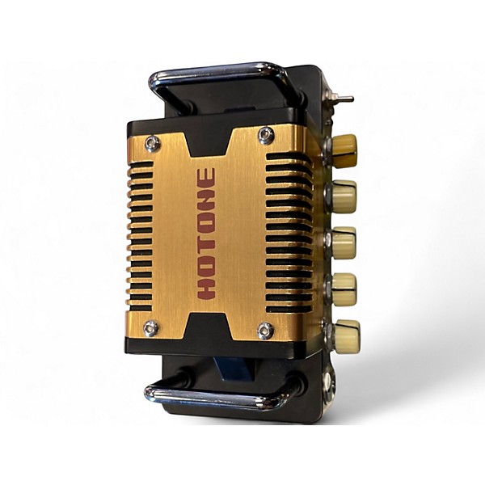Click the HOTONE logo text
[206, 234]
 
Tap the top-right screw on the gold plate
[266, 135]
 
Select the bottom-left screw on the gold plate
[152, 328]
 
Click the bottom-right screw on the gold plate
[266, 330]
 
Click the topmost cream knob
[344, 151]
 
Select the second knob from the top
[344, 196]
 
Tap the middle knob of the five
[344, 242]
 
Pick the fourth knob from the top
[344, 289]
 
